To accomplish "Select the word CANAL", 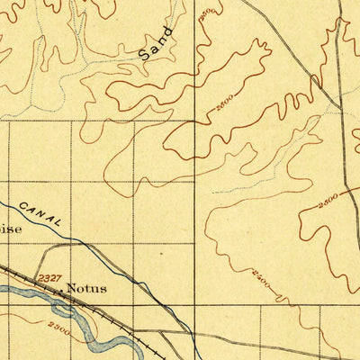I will tap(42, 213).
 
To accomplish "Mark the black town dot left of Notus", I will tap(60, 290).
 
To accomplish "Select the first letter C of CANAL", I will tap(24, 202).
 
